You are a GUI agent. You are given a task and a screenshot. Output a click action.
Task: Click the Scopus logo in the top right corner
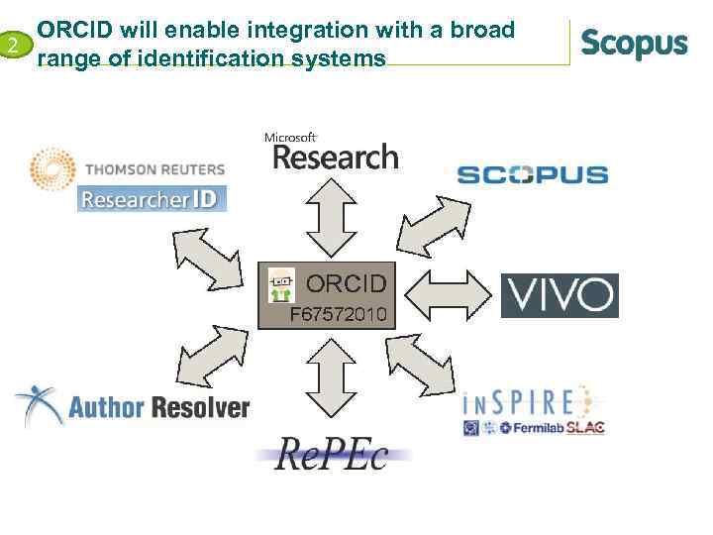tap(634, 45)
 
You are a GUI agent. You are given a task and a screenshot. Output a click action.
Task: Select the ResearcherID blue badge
tap(152, 199)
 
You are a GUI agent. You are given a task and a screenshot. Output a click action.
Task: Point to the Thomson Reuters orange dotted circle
tap(52, 170)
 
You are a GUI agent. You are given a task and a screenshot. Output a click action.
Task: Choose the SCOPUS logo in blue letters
tap(533, 175)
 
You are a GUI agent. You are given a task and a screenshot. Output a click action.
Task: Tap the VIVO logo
tap(560, 295)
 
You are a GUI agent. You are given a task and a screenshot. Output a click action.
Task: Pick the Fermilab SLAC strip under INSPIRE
tap(534, 428)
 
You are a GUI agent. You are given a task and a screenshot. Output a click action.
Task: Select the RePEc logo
tap(333, 455)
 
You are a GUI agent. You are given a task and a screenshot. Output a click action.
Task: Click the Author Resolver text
tap(158, 407)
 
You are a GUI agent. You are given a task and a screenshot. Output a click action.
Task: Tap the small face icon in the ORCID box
tap(281, 285)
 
